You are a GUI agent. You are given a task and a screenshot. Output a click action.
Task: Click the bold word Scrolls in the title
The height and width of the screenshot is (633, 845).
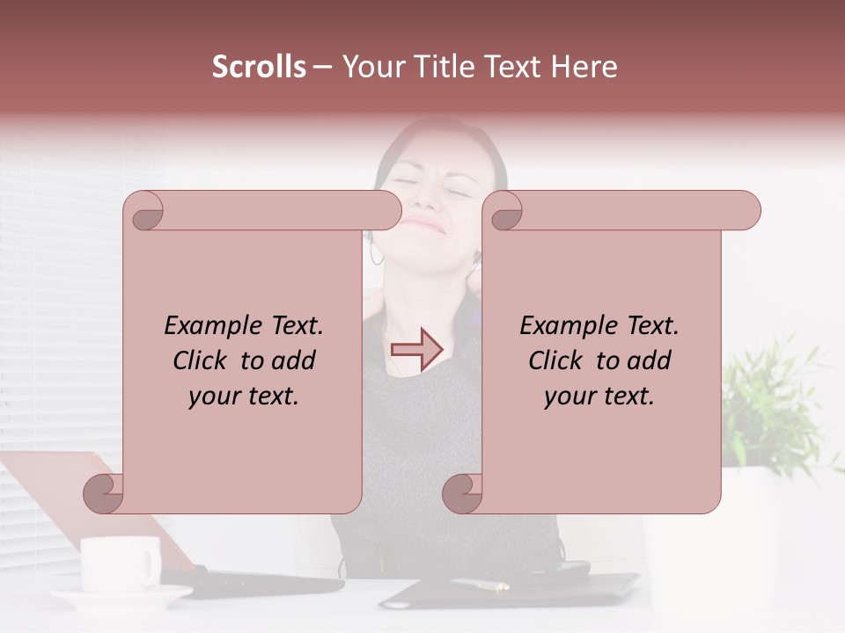259,67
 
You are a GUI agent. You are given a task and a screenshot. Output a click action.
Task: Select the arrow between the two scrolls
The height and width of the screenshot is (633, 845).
417,350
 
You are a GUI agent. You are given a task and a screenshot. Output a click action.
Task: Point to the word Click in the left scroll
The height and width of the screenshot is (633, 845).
203,360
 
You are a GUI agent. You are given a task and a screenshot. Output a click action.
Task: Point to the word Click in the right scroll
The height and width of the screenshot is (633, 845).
559,360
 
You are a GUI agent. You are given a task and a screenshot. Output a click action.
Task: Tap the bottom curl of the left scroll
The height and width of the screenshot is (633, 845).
103,492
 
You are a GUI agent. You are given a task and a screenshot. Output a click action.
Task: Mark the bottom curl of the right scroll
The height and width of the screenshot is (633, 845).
461,492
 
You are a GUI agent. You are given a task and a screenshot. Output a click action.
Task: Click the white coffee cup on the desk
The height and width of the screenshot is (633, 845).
120,562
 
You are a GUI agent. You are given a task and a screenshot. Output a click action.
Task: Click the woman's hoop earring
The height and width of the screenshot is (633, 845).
377,254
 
